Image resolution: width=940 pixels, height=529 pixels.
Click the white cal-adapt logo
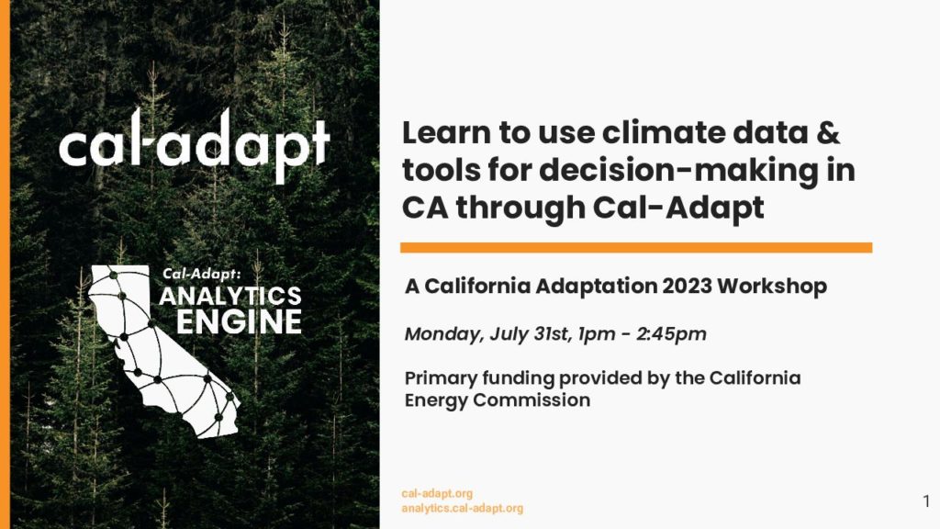[195, 146]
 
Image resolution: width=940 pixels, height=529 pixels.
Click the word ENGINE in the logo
[239, 322]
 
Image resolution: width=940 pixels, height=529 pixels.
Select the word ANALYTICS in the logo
[230, 297]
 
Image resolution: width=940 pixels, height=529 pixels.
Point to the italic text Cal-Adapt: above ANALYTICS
[201, 274]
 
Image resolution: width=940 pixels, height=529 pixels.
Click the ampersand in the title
[828, 132]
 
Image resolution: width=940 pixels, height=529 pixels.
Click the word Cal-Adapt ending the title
[678, 208]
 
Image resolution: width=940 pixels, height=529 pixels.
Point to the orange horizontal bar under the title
[636, 248]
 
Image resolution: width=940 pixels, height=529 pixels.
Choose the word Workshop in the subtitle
[771, 287]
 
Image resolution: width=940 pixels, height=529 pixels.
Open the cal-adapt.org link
[437, 493]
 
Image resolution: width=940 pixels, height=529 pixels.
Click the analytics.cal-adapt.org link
[463, 509]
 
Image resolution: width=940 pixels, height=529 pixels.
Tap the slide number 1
[927, 501]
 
